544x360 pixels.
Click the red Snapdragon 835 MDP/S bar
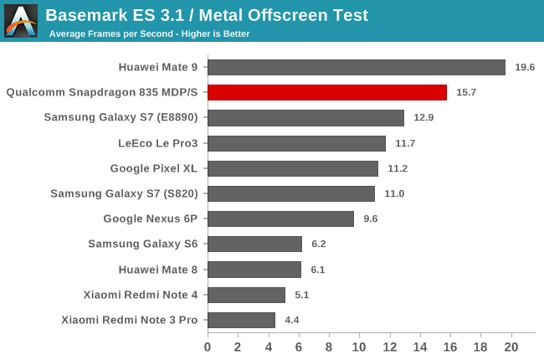point(327,92)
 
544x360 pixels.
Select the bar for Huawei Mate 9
point(357,67)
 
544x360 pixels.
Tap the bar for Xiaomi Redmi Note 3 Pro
point(241,320)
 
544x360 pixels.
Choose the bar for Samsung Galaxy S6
point(254,244)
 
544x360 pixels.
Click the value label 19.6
point(525,67)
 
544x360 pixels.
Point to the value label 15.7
point(466,92)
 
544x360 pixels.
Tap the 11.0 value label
point(394,193)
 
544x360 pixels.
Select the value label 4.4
point(295,320)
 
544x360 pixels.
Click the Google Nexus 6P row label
point(150,219)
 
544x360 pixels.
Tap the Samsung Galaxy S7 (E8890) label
point(121,117)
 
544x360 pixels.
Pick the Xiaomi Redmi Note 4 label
point(141,295)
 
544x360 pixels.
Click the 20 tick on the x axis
point(511,347)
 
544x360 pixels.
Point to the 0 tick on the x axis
point(208,347)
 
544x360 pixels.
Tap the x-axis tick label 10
point(359,347)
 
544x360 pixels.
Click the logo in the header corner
point(21,20)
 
